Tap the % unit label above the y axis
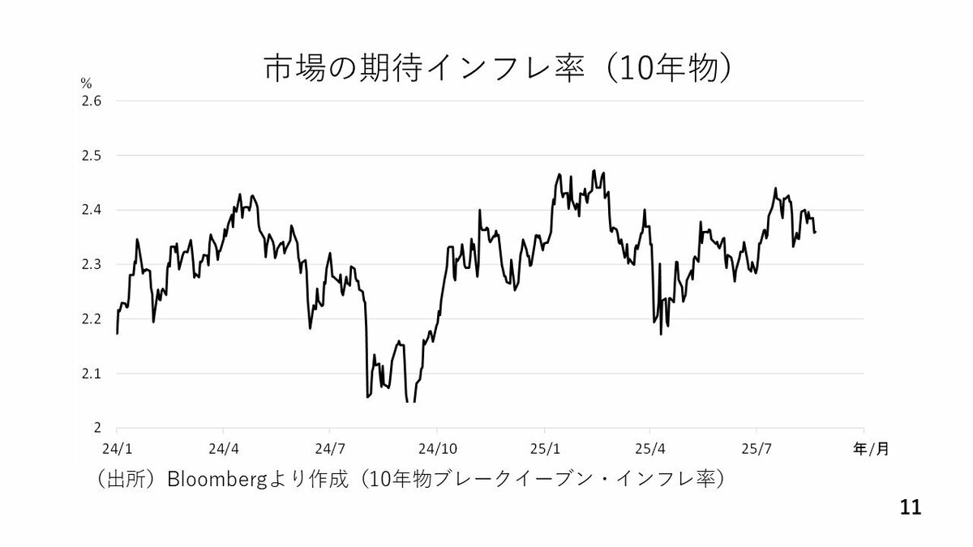coord(86,83)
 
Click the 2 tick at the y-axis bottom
coord(98,427)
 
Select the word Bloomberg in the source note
coord(215,479)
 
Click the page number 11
coord(911,508)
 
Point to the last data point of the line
coord(815,233)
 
